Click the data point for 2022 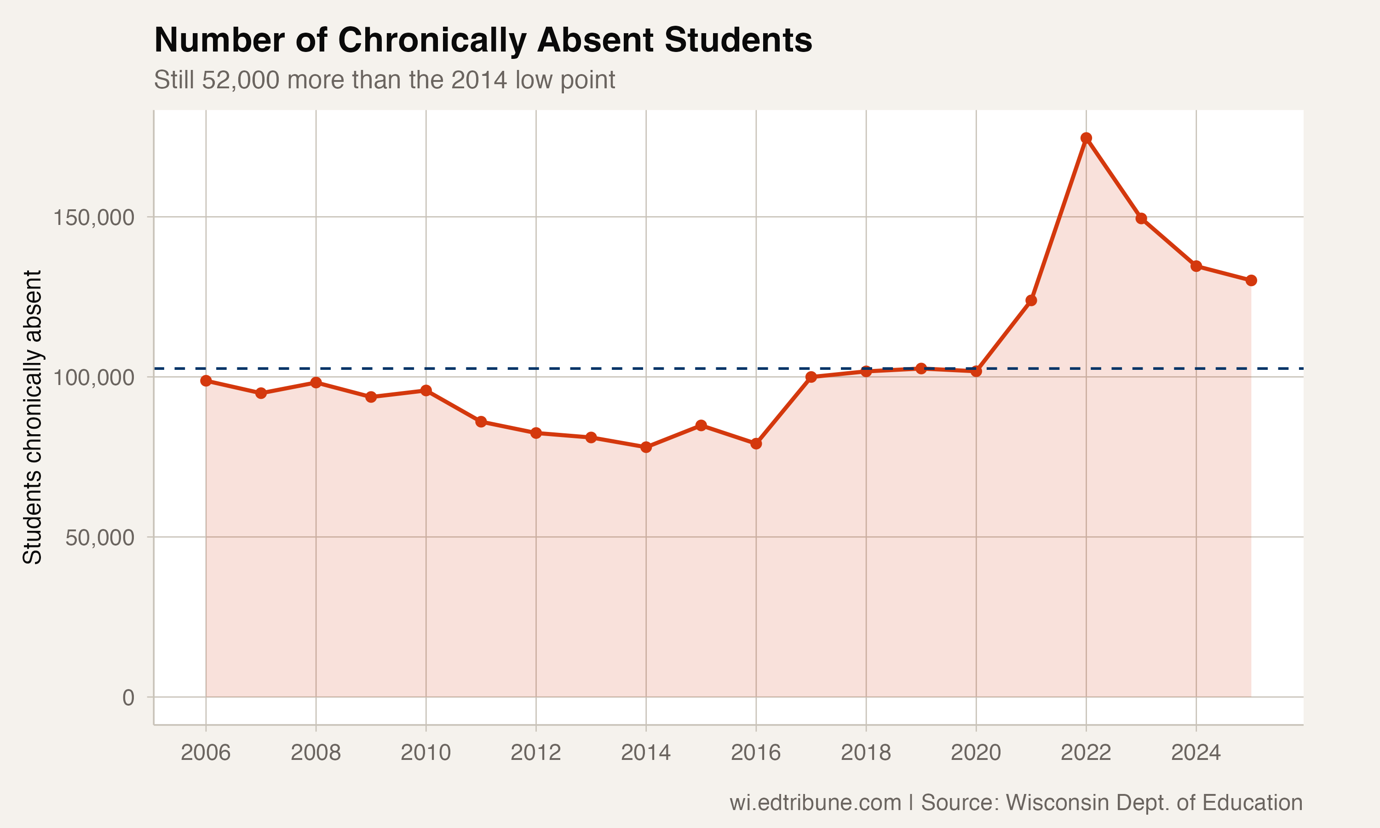[1086, 138]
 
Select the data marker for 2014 [646, 447]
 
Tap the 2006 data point [206, 380]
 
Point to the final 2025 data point [1251, 280]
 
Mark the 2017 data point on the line [811, 377]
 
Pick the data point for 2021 [1031, 300]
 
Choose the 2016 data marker [756, 443]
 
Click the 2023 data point [1141, 218]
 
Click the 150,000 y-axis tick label [94, 217]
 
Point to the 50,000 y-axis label [100, 537]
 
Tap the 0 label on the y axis [128, 697]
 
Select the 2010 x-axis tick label [425, 753]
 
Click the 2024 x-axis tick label [1196, 753]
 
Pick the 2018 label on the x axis [866, 753]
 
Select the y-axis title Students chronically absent [32, 417]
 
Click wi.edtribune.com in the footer [815, 802]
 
